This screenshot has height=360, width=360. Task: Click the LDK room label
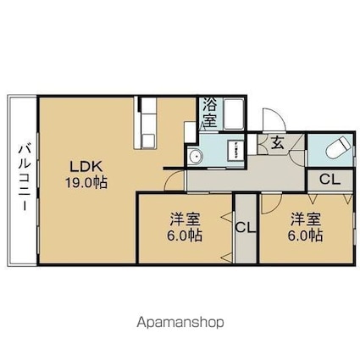(86, 167)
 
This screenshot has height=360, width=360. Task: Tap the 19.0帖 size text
(86, 183)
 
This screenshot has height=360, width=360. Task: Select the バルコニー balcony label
(24, 178)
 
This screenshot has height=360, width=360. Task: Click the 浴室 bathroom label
(210, 113)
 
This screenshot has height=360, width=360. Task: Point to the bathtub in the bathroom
(233, 114)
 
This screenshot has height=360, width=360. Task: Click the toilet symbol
(338, 147)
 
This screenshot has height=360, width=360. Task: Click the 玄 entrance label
(278, 143)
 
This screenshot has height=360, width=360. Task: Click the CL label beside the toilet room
(330, 179)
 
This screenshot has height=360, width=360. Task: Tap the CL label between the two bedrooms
(246, 227)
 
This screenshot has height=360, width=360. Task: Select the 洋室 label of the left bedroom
(185, 219)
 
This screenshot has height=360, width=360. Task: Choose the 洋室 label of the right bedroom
(306, 219)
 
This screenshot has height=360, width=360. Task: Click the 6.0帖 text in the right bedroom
(305, 235)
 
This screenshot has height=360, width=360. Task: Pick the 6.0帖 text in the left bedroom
(185, 235)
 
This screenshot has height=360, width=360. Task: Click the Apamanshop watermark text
(180, 322)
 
